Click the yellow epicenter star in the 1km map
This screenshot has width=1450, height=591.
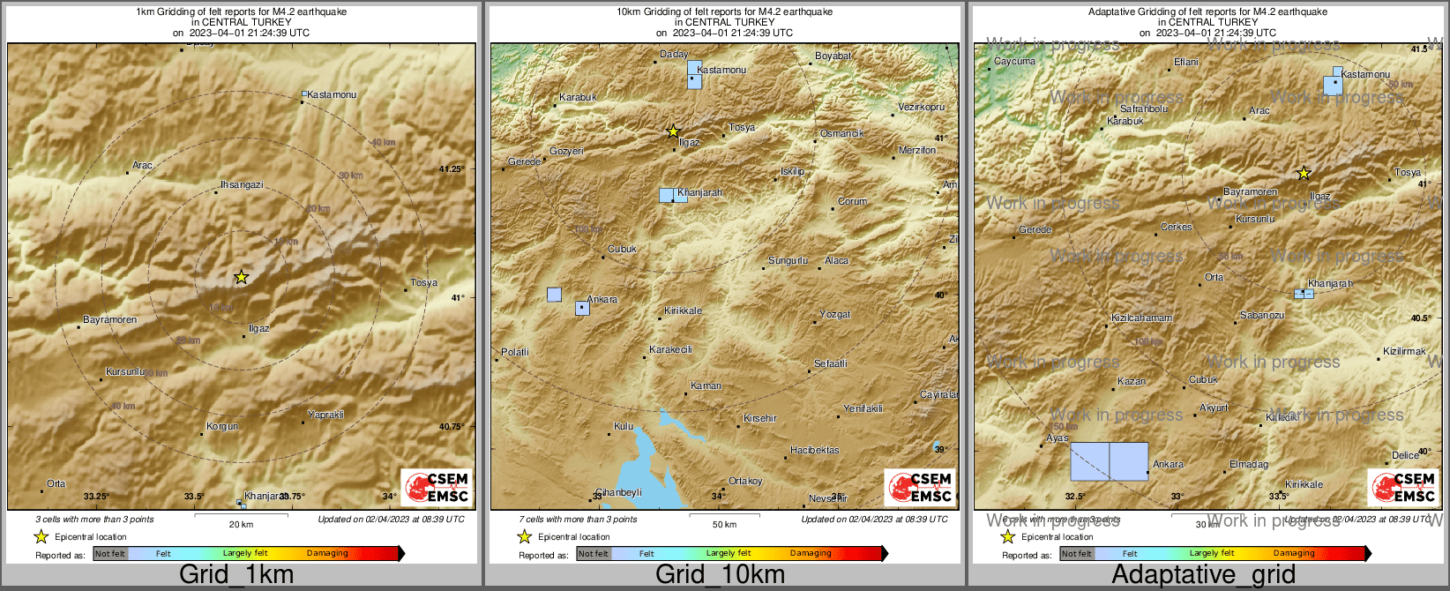[x=241, y=277]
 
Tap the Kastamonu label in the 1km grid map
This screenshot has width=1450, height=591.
[x=332, y=94]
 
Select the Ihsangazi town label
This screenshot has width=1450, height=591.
[x=242, y=184]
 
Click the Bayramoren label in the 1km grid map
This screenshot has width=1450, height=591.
[x=109, y=319]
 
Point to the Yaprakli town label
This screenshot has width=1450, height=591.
[x=325, y=415]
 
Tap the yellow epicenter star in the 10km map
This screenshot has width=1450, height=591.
[x=673, y=131]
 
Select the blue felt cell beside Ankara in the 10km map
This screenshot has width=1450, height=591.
[x=582, y=308]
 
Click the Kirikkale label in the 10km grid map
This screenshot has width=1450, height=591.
[x=684, y=310]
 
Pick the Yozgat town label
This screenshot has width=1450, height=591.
[x=834, y=314]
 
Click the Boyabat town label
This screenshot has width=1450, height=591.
[x=833, y=56]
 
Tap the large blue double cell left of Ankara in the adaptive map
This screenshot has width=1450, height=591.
[x=1109, y=461]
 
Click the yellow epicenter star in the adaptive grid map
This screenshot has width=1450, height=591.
[x=1304, y=174]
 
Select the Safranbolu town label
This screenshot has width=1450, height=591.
[x=1143, y=108]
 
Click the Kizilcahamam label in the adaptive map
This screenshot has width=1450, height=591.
[x=1141, y=318]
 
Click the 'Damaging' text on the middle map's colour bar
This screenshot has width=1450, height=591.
[x=811, y=553]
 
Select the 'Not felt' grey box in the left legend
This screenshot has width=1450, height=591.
[x=110, y=554]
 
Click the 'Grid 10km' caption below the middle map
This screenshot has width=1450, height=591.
[x=720, y=574]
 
